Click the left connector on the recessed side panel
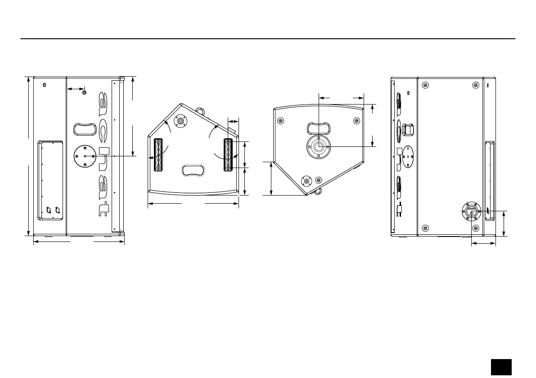49,209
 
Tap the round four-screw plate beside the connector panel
85,156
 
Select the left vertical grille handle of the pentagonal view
158,155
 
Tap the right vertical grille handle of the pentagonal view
228,155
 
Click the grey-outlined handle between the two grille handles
193,170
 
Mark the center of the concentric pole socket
319,146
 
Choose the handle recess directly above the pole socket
319,128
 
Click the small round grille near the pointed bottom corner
307,181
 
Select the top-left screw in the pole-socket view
281,121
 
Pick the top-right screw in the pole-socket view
356,121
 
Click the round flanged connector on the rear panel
471,211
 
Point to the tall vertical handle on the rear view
489,181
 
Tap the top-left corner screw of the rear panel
425,85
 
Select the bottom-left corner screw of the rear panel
425,228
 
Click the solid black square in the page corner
501,366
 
